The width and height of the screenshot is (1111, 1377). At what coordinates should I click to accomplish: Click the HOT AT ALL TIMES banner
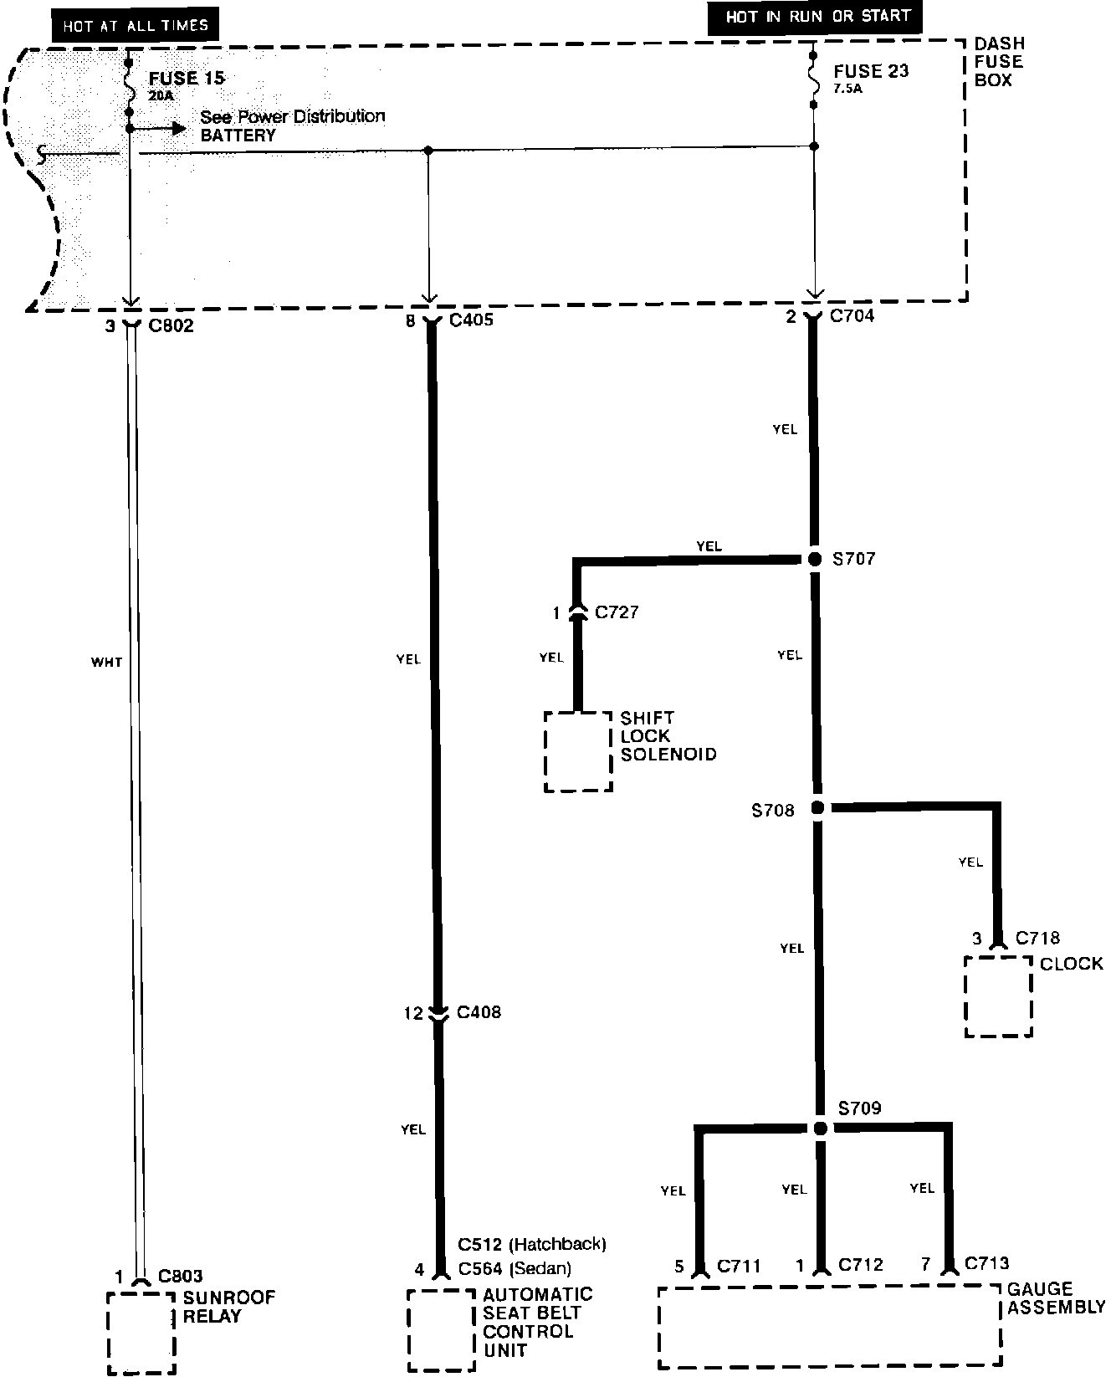coord(135,25)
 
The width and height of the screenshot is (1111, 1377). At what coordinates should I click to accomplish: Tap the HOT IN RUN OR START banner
coord(816,18)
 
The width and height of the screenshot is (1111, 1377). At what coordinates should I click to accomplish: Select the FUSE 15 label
coord(187,79)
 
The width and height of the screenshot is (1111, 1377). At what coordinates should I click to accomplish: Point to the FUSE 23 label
coord(871,71)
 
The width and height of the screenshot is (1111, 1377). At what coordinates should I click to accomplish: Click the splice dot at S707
coord(815,559)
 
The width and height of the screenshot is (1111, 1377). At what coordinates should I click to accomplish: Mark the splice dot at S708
coord(817,807)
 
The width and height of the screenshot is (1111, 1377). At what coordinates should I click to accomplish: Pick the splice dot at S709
coord(821,1129)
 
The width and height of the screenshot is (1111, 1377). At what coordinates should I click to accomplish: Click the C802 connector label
coord(171,325)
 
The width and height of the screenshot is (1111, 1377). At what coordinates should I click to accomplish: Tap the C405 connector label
coord(471,320)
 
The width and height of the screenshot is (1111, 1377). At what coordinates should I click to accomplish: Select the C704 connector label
coord(852,316)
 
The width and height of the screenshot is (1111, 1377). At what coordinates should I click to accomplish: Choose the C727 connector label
coord(617,612)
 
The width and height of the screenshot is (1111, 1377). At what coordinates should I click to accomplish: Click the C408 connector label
coord(479,1012)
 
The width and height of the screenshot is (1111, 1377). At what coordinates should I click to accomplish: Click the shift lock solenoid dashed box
coord(545,752)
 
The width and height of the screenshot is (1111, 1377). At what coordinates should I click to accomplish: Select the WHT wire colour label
coord(106,663)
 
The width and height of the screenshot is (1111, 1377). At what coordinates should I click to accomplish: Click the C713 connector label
coord(987,1263)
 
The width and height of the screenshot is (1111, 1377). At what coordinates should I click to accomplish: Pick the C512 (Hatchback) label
coord(532,1244)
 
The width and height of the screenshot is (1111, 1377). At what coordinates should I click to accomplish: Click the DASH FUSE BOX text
coord(999,62)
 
